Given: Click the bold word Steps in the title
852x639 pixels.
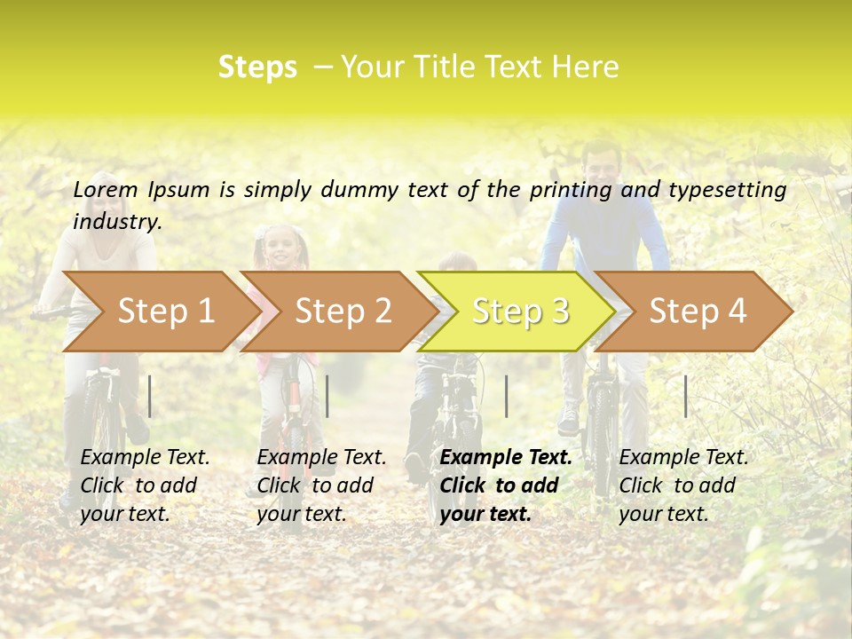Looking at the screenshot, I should click(x=257, y=67).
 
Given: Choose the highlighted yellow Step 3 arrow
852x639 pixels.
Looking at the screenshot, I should click(x=520, y=312).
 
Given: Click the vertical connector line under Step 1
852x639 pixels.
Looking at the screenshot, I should click(x=150, y=396).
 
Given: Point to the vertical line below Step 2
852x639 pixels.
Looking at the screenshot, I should click(x=327, y=396).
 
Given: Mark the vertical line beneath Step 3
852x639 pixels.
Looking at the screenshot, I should click(x=506, y=396).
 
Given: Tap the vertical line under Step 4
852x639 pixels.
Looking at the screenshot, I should click(x=686, y=396).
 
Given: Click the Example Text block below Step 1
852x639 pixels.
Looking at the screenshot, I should click(x=145, y=485).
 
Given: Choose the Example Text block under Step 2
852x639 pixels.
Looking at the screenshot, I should click(x=321, y=485).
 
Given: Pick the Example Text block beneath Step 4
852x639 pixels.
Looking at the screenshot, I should click(x=683, y=485).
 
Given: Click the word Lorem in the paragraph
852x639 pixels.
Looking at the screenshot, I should click(x=106, y=189).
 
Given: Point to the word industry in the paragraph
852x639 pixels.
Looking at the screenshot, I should click(x=116, y=222).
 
